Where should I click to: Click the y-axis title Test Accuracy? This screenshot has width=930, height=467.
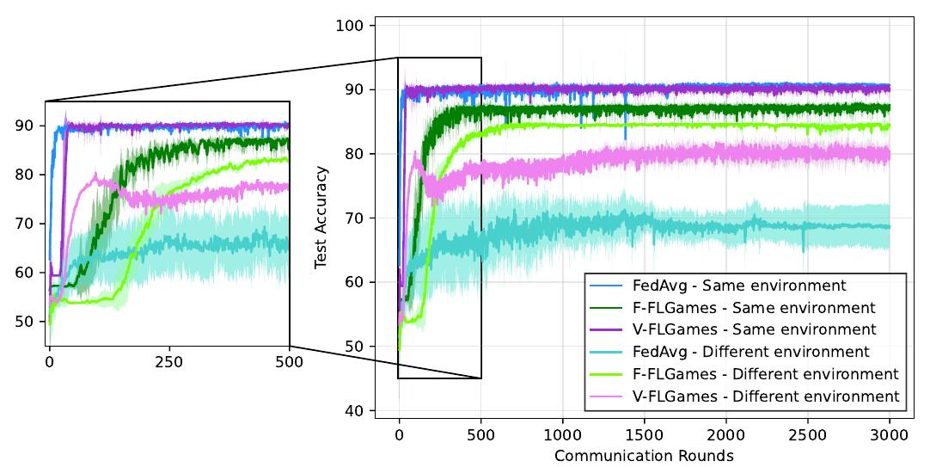point(321,218)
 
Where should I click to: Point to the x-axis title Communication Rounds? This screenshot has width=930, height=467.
point(644,455)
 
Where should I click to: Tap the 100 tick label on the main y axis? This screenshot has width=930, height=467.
point(355,25)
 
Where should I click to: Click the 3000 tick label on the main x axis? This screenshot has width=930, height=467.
point(890,436)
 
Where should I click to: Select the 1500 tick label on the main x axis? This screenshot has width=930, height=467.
point(644,436)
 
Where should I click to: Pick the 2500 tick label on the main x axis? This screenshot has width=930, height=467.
point(807,436)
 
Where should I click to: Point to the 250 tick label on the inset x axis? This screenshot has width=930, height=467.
point(169,362)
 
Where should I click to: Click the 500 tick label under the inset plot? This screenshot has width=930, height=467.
point(290,362)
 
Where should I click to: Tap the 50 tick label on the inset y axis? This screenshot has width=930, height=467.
point(24,322)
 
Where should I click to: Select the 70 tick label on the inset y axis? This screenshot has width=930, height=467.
point(24,224)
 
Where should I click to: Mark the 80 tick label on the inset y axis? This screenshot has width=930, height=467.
point(24,175)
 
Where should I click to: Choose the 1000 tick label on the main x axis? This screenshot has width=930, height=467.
point(562,436)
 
